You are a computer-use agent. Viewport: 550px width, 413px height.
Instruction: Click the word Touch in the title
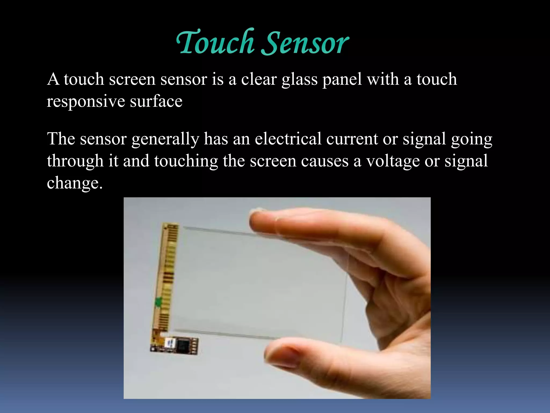pos(215,42)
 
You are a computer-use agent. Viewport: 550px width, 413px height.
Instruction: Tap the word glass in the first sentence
pos(299,80)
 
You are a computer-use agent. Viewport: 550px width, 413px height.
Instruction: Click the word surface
pos(156,102)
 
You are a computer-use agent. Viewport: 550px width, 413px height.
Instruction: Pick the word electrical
pos(288,139)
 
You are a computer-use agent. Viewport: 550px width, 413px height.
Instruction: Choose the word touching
pos(186,162)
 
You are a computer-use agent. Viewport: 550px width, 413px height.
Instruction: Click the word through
pos(75,162)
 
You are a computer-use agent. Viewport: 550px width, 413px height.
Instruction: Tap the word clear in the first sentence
pos(259,80)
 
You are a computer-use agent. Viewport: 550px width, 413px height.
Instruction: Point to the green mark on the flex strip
pos(158,302)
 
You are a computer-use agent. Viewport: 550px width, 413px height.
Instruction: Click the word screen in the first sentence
pos(132,80)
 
